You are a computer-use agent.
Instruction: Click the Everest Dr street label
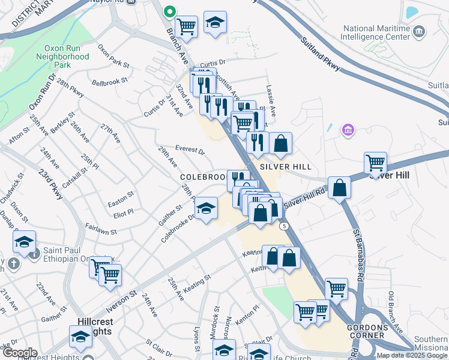click(x=190, y=151)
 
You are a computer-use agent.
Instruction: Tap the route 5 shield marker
click(x=283, y=224)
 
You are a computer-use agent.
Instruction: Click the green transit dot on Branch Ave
click(x=170, y=10)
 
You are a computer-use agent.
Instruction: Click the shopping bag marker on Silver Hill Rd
click(x=339, y=187)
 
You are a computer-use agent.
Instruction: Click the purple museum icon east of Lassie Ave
click(x=347, y=129)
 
